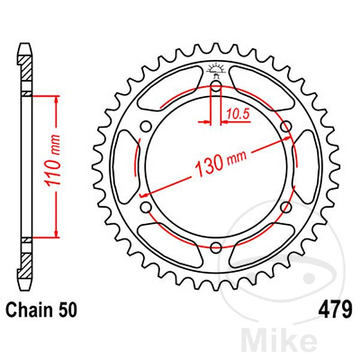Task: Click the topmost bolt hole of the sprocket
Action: coord(216,85)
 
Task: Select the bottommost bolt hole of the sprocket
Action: coord(216,245)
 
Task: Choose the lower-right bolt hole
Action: coord(286,206)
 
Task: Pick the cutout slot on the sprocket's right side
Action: coord(307,166)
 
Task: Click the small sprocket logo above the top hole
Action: coord(216,68)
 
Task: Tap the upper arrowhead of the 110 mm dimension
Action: coord(56,99)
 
